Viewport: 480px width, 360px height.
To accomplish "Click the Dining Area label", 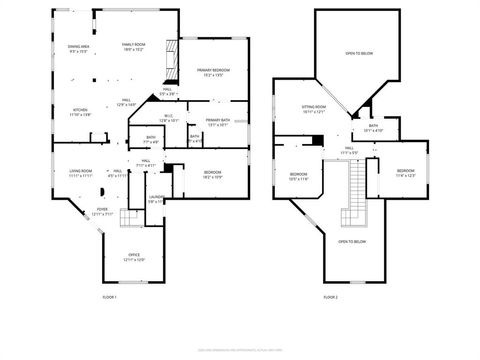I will (79, 49).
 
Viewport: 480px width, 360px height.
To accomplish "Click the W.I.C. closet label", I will (168, 119).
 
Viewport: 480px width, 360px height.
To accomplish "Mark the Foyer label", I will (102, 212).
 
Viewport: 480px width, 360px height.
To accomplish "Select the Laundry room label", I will (157, 199).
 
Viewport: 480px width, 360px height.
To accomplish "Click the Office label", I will (134, 257).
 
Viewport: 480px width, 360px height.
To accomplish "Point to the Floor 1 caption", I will (110, 297).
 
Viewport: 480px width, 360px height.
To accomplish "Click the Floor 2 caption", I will (330, 297).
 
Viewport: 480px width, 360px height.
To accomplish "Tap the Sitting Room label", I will (316, 109).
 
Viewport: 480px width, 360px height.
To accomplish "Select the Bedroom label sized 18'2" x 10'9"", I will (213, 174).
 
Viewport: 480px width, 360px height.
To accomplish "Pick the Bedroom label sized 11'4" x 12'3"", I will (404, 173).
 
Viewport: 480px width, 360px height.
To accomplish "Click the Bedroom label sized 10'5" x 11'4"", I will (299, 176).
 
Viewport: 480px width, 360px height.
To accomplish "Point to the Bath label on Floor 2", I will (372, 128).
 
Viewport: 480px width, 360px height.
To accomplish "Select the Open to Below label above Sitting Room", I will (359, 53).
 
